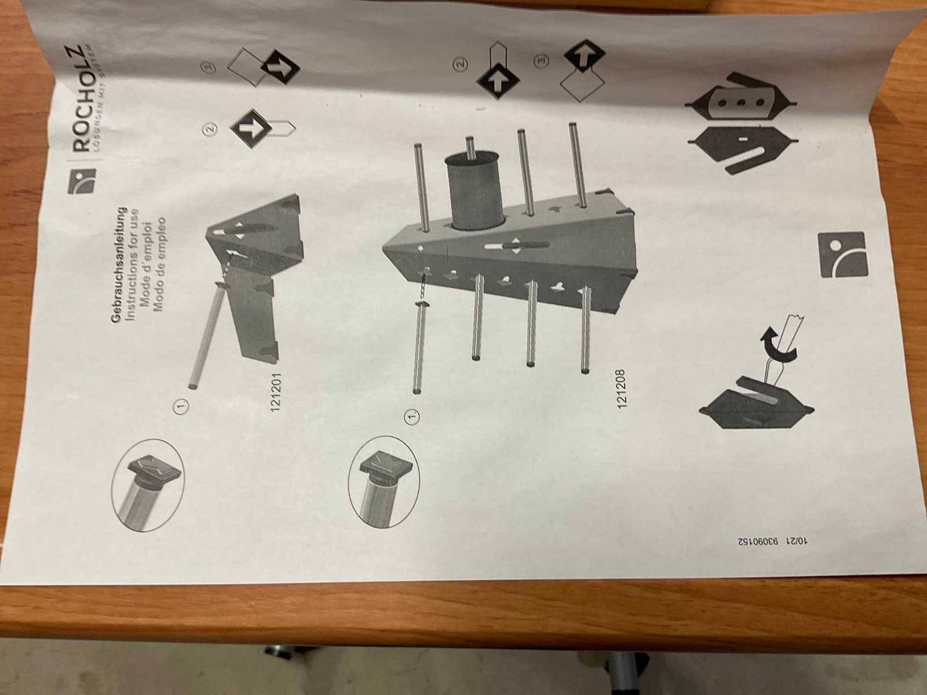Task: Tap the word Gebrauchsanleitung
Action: [x=119, y=265]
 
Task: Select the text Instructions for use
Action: [x=132, y=264]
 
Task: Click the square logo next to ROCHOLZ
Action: [x=82, y=181]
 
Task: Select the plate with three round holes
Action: [x=741, y=103]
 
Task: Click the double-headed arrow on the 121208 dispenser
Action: [x=516, y=246]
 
